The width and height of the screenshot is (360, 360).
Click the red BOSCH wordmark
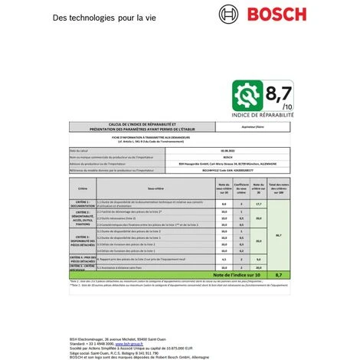[x=286, y=15]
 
